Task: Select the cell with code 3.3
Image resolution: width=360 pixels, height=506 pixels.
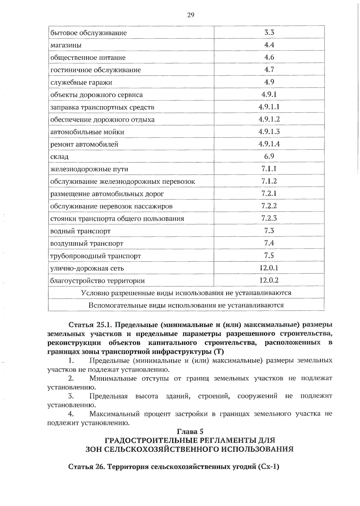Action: [x=269, y=32]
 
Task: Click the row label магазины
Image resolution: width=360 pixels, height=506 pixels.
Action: [x=66, y=45]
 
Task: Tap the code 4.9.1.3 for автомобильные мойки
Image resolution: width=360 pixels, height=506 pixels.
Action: [x=269, y=131]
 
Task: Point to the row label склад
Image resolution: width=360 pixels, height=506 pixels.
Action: [x=59, y=157]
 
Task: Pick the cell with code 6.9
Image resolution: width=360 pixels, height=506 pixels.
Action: [x=269, y=156]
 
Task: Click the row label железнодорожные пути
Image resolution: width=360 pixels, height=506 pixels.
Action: [x=89, y=169]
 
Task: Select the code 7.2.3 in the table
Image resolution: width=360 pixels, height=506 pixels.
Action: [x=269, y=218]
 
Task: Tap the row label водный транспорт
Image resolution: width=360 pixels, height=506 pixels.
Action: [x=80, y=231]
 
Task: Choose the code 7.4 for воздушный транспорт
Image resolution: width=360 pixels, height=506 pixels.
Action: [x=269, y=243]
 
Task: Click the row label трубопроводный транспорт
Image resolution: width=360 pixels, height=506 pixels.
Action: [x=95, y=256]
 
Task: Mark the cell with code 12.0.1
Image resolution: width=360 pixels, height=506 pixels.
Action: [x=269, y=268]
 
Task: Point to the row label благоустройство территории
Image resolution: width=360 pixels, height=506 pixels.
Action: [x=97, y=281]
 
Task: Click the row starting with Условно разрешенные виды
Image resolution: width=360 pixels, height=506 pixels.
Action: [x=186, y=293]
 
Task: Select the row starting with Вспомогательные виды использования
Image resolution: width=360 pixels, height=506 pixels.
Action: [x=186, y=305]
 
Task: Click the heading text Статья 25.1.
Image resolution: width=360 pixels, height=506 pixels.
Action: [x=90, y=325]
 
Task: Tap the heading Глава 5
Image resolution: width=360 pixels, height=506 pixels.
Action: [x=190, y=432]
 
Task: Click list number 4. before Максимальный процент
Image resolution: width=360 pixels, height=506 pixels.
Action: [x=71, y=414]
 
